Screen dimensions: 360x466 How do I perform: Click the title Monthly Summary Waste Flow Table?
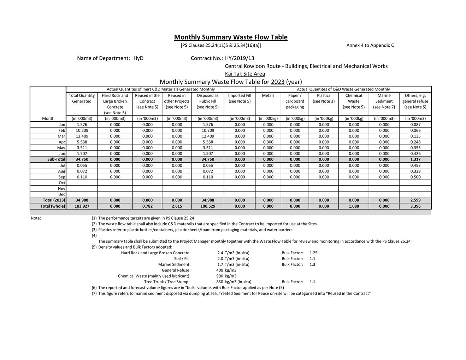tap(231, 37)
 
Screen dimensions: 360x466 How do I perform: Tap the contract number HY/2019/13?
tap(240, 58)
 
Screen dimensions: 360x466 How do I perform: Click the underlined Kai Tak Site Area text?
tap(245, 74)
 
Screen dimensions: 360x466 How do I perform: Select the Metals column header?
tap(268, 95)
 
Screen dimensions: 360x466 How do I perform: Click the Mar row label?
tap(61, 136)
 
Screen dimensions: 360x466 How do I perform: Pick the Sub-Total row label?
tap(56, 159)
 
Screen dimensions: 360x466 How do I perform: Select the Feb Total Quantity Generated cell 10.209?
tap(82, 130)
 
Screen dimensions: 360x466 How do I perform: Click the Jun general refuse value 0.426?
tap(415, 153)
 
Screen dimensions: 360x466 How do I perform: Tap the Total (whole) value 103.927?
tap(82, 206)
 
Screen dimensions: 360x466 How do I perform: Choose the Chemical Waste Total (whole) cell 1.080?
tap(354, 206)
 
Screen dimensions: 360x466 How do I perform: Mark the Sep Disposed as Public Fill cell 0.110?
tap(208, 177)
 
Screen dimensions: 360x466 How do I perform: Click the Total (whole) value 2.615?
tap(177, 206)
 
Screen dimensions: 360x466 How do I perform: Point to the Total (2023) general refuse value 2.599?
tap(415, 200)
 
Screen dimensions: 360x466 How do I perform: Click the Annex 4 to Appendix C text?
tap(370, 45)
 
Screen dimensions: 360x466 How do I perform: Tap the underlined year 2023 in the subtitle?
tap(278, 82)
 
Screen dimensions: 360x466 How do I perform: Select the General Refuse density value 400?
tap(219, 270)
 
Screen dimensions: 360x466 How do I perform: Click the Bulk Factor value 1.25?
tap(313, 253)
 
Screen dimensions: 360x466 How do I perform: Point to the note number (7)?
tap(94, 294)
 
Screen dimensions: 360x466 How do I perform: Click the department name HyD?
tap(138, 58)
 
